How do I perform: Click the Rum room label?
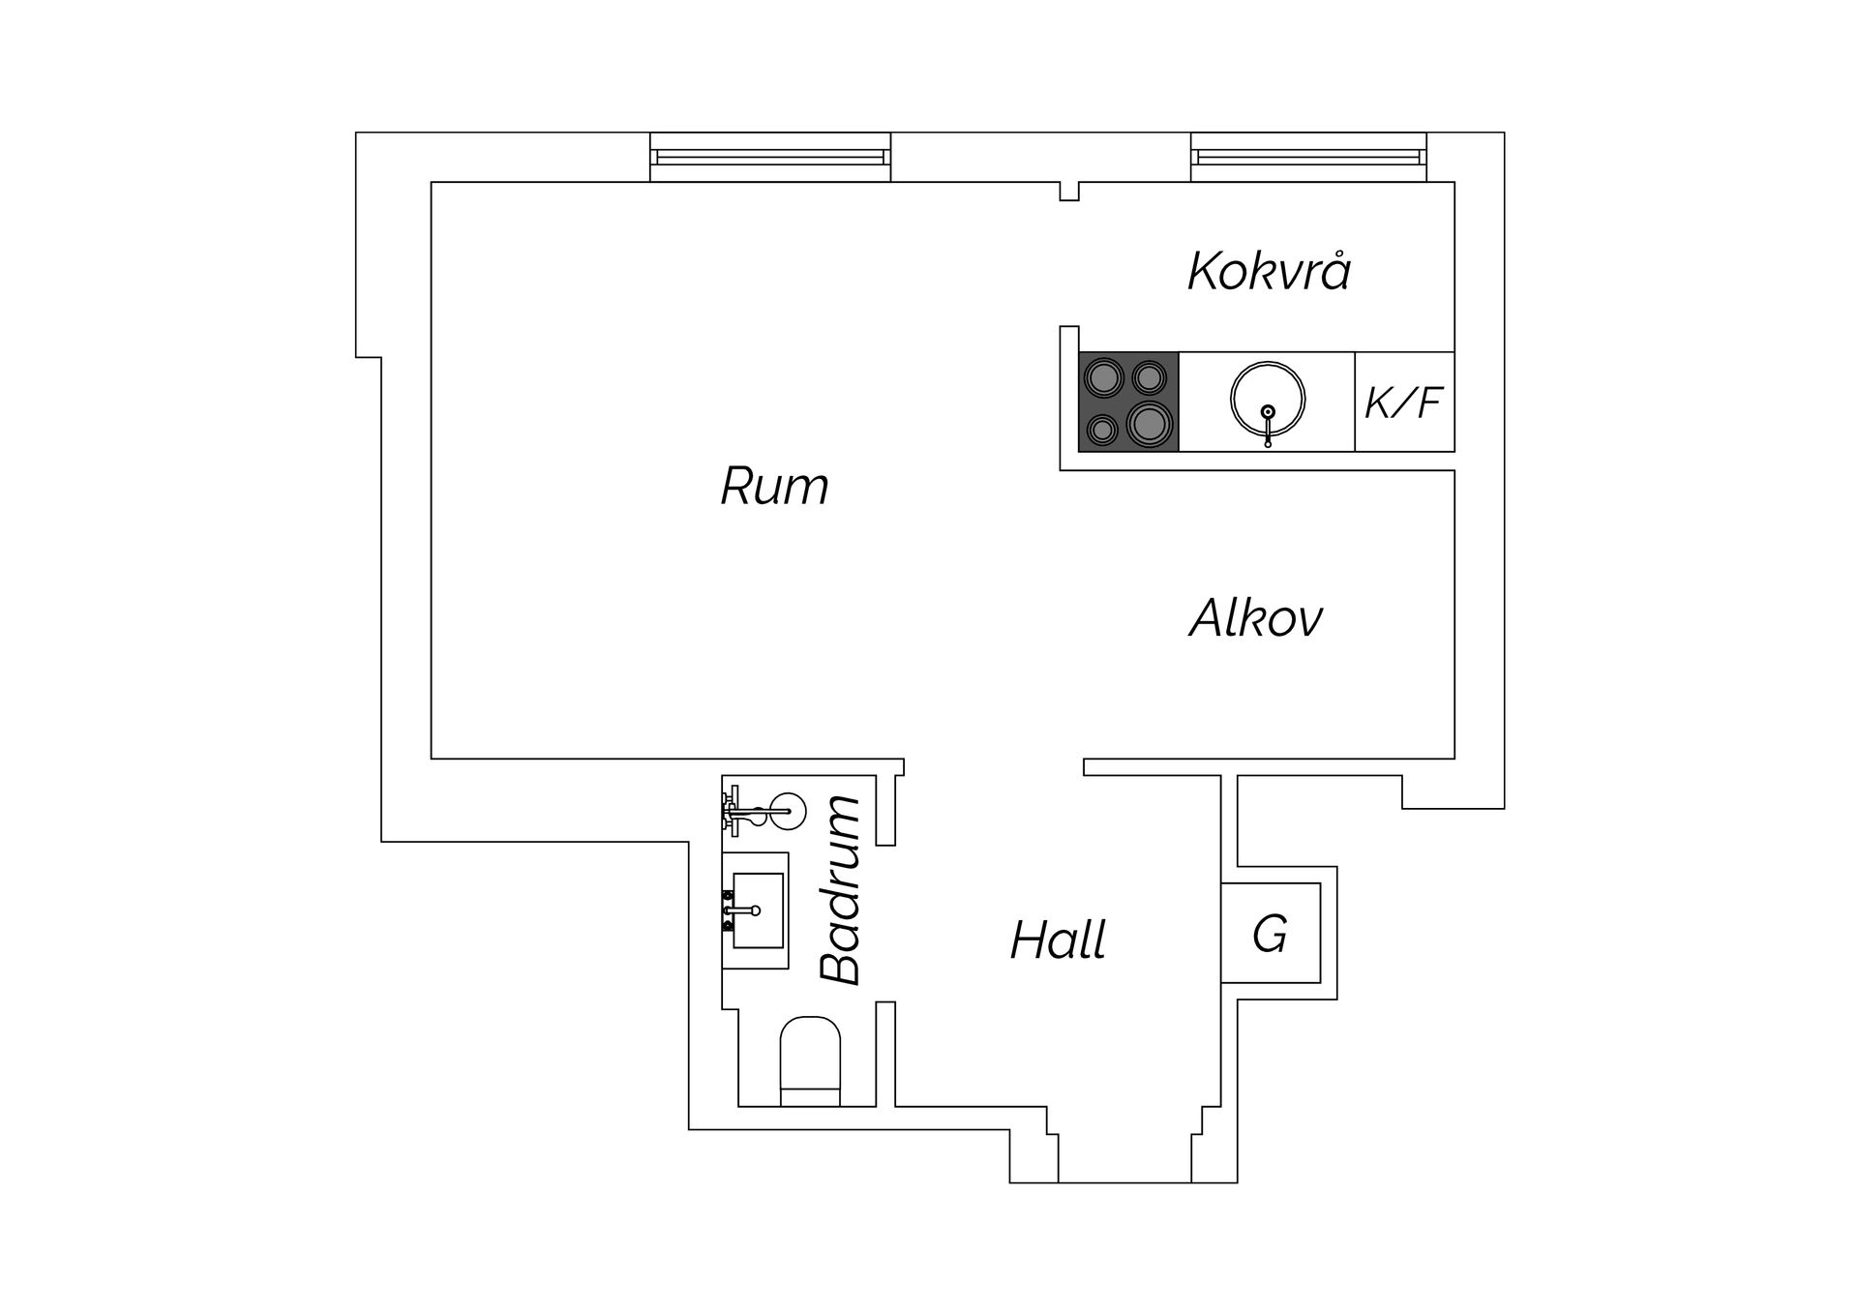point(774,486)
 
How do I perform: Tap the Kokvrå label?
point(1269,270)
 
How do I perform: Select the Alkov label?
point(1255,617)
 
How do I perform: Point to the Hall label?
point(1058,940)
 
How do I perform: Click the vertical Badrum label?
point(840,890)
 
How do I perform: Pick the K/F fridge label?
point(1404,403)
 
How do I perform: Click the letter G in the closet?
point(1270,935)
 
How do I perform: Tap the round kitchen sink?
point(1268,398)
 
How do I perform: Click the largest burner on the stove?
point(1150,423)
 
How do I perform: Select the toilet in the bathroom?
point(810,1060)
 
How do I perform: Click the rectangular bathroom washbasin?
point(758,910)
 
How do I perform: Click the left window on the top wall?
point(769,157)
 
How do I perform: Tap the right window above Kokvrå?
point(1308,157)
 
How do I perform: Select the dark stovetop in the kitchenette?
point(1128,402)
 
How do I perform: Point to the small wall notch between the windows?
point(1069,191)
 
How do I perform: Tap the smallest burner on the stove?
point(1101,428)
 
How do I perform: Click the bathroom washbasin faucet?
point(740,910)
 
